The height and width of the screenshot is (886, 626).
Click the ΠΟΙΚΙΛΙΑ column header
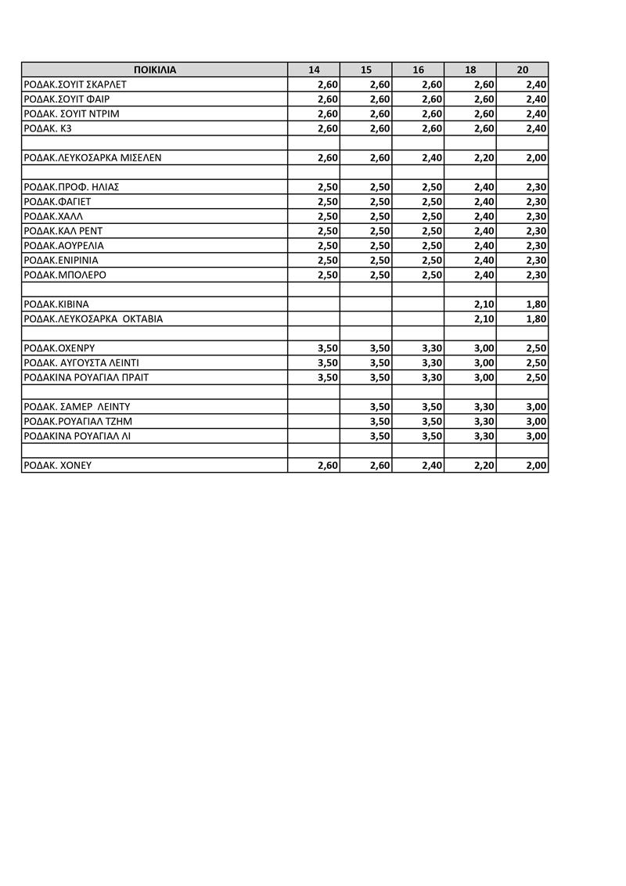(x=155, y=70)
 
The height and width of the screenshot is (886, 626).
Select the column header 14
(x=314, y=70)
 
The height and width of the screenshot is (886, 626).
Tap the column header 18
(x=470, y=70)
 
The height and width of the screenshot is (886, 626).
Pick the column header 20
(x=523, y=70)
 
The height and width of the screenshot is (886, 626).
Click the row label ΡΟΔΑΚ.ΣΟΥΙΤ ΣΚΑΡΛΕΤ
(x=76, y=85)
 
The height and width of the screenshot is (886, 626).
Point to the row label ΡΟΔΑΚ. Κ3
(x=48, y=128)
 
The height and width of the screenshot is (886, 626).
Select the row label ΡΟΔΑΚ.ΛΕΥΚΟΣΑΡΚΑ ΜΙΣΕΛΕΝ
(x=92, y=157)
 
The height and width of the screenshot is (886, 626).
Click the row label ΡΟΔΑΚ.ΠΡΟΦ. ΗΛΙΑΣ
(x=71, y=187)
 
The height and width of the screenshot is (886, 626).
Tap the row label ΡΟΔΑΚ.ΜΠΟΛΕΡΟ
(x=65, y=276)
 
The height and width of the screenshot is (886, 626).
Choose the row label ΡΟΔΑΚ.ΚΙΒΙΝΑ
(x=57, y=304)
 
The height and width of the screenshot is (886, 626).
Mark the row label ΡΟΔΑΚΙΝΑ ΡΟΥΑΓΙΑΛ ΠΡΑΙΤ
(x=86, y=377)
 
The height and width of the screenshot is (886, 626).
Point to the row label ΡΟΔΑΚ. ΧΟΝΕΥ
(x=58, y=465)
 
